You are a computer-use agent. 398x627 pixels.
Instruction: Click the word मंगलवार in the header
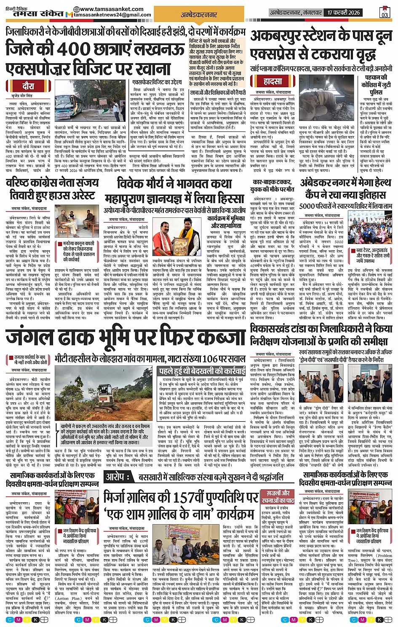point(312,12)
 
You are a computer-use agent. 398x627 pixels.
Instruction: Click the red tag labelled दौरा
point(28,86)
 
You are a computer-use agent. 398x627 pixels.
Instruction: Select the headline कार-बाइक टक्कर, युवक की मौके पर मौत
point(272,186)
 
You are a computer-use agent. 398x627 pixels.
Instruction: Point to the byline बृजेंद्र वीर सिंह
point(28,96)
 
